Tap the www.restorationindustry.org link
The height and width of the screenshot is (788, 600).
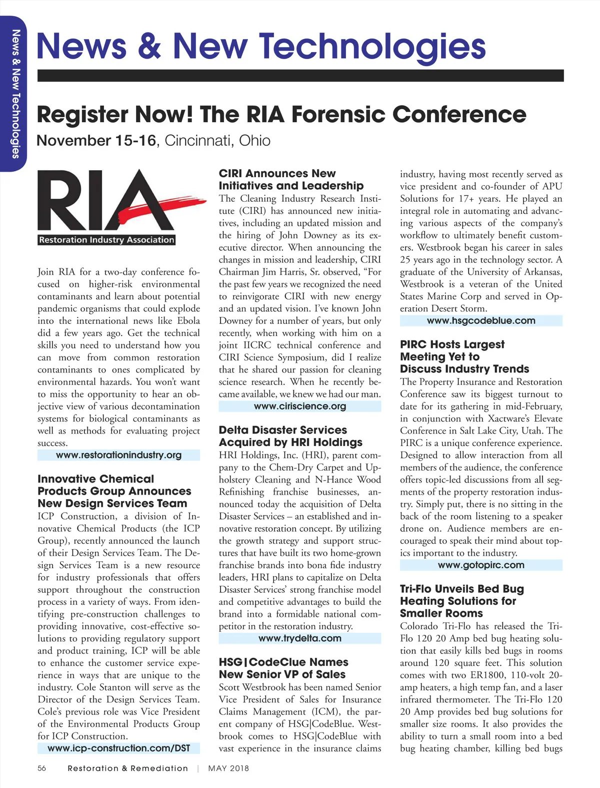pyautogui.click(x=118, y=455)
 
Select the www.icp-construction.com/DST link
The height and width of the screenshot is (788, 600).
pyautogui.click(x=118, y=748)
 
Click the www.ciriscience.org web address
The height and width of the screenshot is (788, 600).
pyautogui.click(x=299, y=407)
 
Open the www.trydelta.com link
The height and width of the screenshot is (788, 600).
pyautogui.click(x=299, y=638)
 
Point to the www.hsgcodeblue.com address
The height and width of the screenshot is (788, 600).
pyautogui.click(x=480, y=321)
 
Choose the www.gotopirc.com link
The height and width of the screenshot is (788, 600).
pyautogui.click(x=480, y=565)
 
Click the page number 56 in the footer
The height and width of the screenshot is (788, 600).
pyautogui.click(x=42, y=768)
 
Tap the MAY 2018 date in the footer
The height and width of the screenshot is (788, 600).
pyautogui.click(x=228, y=768)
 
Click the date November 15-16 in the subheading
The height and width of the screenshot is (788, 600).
pyautogui.click(x=96, y=141)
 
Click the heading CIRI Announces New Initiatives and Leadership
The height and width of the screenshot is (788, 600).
pyautogui.click(x=291, y=180)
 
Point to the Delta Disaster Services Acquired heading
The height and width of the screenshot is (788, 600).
pyautogui.click(x=290, y=436)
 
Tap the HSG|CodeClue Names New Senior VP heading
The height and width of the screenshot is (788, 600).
pyautogui.click(x=283, y=668)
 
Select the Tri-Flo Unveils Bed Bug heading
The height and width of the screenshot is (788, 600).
pyautogui.click(x=461, y=601)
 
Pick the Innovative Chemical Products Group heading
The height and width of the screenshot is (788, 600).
pyautogui.click(x=114, y=491)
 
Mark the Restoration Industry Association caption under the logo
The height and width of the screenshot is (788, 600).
pyautogui.click(x=106, y=240)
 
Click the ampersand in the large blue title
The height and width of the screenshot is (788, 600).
pyautogui.click(x=149, y=47)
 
